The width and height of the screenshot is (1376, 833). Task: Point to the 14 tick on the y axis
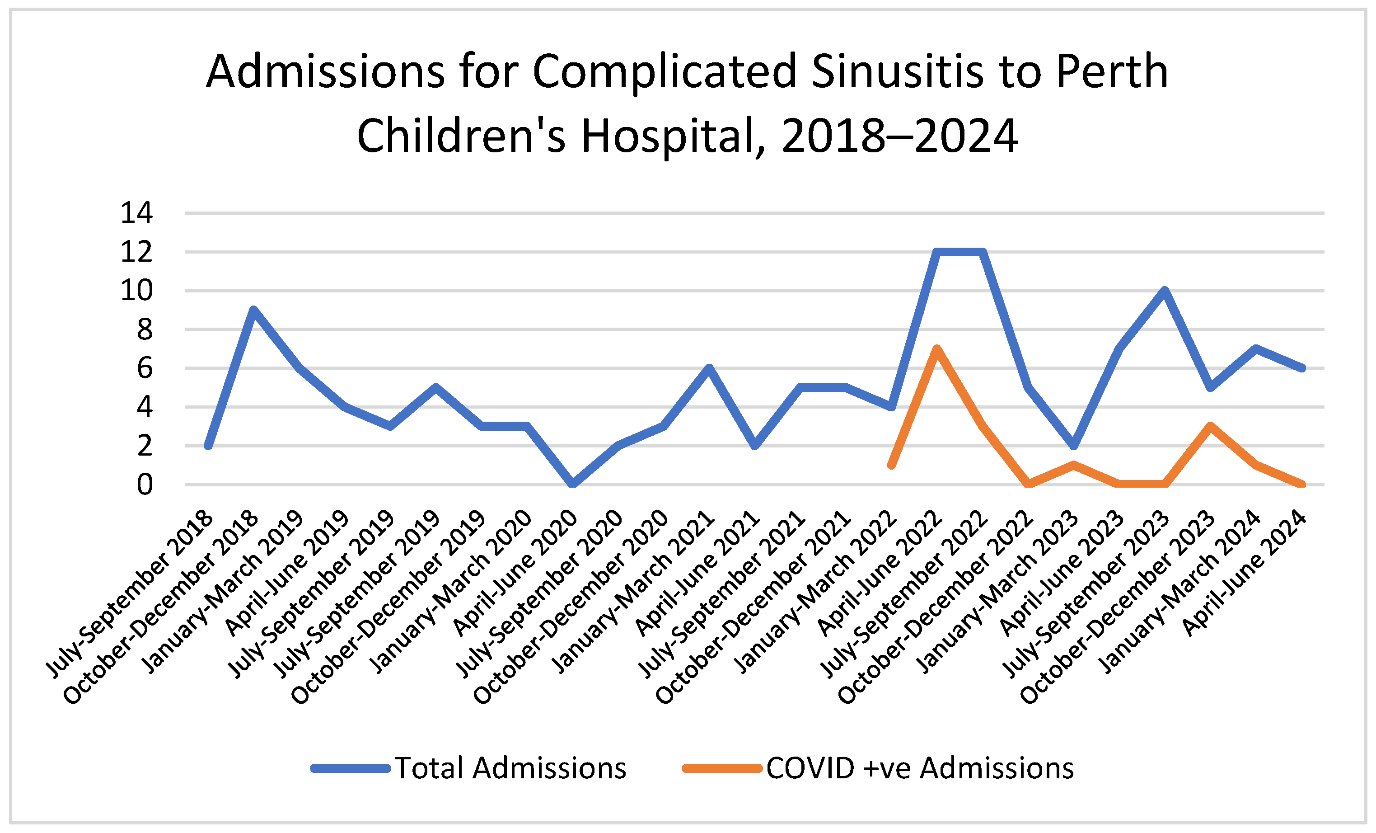coord(136,213)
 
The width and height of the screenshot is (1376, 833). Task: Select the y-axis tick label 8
coord(144,329)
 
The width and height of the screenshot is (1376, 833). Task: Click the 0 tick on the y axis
coord(144,485)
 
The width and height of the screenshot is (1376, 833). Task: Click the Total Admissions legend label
coord(510,768)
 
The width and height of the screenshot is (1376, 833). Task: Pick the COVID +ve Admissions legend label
coord(920,768)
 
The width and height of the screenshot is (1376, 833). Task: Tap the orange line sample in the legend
coord(721,769)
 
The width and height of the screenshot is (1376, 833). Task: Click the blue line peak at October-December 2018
coord(253,310)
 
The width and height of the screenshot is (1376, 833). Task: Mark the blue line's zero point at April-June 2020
coord(572,483)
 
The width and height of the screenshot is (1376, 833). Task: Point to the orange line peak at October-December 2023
coord(1210,426)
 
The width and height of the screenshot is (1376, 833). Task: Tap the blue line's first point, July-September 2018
coord(208,445)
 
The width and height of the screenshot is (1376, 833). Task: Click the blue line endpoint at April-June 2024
coord(1302,368)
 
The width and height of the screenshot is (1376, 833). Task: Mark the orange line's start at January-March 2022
coord(891,465)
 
